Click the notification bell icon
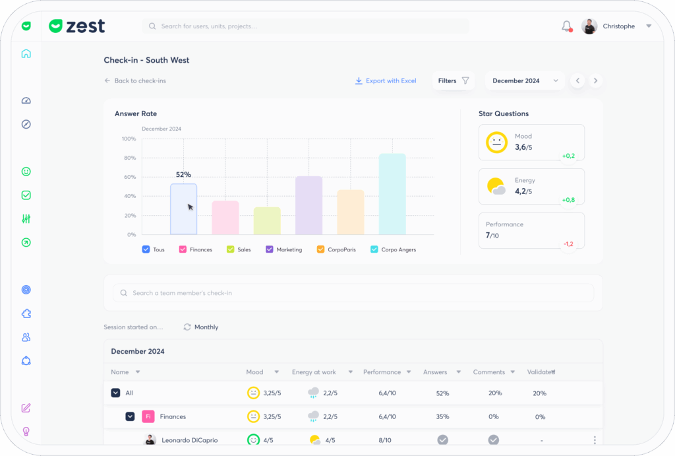pos(567,26)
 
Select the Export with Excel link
pos(385,81)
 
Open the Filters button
pos(454,81)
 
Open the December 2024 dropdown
pos(525,81)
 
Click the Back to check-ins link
pos(135,81)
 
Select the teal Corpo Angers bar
pos(392,194)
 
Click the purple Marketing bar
pos(308,205)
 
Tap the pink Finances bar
pos(225,218)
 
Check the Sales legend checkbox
pos(230,249)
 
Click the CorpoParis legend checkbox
pos(320,249)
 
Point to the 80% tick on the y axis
pos(130,158)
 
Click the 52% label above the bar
pos(183,175)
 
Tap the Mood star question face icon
pos(497,143)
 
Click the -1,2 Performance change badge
pos(569,244)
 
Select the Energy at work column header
pos(314,372)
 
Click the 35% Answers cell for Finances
pos(442,417)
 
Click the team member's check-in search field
pos(353,293)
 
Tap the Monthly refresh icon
pos(187,327)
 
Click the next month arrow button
pos(595,81)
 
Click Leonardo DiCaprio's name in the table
pos(190,440)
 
